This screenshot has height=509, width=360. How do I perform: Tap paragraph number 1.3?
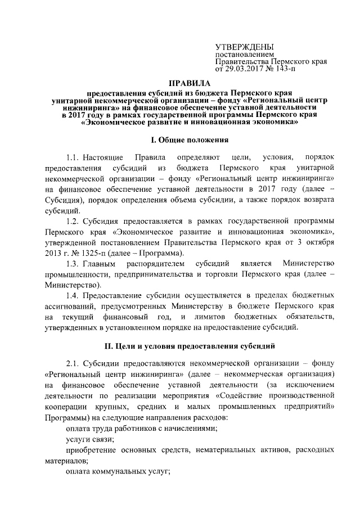coord(74,263)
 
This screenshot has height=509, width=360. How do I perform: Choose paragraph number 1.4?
coord(74,294)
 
